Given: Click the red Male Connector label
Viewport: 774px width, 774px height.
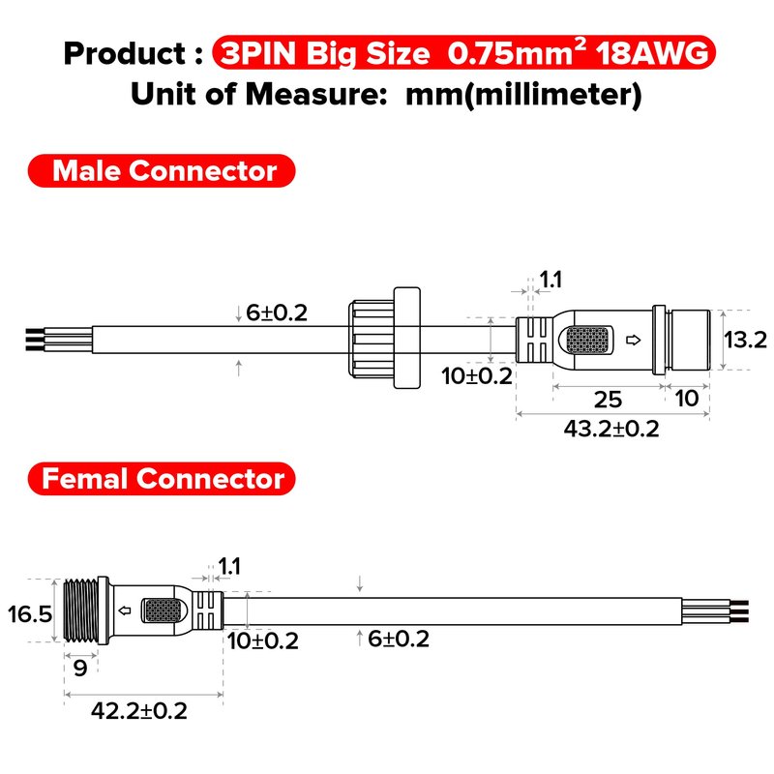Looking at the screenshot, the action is [x=162, y=171].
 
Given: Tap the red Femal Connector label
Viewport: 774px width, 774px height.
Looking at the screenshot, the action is [x=162, y=479].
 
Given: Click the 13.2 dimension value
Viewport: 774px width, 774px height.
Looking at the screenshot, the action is [x=745, y=340].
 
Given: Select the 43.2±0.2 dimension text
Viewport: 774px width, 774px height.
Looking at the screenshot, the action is [x=611, y=429].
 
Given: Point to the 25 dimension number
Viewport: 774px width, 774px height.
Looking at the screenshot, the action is [x=608, y=400].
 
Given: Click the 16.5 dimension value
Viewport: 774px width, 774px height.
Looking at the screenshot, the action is [x=30, y=614].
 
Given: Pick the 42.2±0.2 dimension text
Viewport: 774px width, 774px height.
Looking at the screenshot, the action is [x=139, y=711].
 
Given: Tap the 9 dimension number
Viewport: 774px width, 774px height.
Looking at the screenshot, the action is [x=80, y=668].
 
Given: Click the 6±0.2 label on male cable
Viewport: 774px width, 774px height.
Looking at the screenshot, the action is [x=277, y=313].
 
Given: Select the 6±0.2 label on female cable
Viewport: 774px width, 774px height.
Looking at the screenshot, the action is [x=399, y=639].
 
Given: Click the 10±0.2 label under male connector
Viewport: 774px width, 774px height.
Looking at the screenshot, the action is [x=477, y=376].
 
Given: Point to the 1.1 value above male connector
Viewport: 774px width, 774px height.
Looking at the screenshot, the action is [x=551, y=280].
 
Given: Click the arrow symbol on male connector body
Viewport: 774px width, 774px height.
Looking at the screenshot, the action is [x=634, y=340].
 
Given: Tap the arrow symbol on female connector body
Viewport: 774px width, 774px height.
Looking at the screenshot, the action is [x=125, y=610].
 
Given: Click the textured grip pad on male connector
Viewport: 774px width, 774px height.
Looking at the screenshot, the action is [x=587, y=341].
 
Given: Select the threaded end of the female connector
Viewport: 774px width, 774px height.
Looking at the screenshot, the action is [x=81, y=610].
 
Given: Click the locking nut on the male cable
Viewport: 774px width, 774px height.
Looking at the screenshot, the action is [x=384, y=338].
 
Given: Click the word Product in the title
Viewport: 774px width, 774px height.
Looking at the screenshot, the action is [x=125, y=53].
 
